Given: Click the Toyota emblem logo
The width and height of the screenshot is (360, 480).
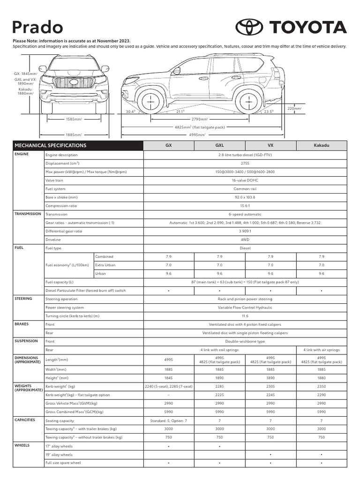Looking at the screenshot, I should click(x=250, y=27).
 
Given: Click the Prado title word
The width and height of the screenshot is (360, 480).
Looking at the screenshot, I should click(x=37, y=28).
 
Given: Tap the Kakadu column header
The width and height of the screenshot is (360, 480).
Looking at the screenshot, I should click(x=322, y=145).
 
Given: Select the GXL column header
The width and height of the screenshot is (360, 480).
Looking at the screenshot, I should click(x=219, y=145).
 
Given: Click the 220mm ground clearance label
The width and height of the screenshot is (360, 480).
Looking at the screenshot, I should click(x=294, y=108).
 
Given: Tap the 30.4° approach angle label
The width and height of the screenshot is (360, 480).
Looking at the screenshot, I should click(x=131, y=112).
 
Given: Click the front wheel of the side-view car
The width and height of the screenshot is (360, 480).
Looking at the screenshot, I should click(x=150, y=101).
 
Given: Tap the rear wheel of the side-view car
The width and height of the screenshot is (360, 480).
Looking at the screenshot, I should click(x=248, y=101).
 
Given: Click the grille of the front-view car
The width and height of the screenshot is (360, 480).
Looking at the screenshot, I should click(x=74, y=82).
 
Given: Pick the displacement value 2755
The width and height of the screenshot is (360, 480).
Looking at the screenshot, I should click(x=245, y=164).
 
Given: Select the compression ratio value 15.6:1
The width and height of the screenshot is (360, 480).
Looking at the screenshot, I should click(x=245, y=206).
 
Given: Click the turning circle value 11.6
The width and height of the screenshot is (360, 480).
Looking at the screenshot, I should click(x=245, y=316).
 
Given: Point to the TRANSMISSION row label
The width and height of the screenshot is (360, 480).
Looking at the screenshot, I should click(x=28, y=214).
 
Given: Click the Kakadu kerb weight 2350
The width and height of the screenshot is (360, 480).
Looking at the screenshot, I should click(x=322, y=386).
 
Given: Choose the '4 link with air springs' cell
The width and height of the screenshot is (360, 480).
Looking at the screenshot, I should click(x=322, y=350).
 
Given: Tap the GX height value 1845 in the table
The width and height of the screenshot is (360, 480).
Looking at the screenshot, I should click(x=168, y=378).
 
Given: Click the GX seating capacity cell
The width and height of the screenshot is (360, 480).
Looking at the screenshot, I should click(x=168, y=420).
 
